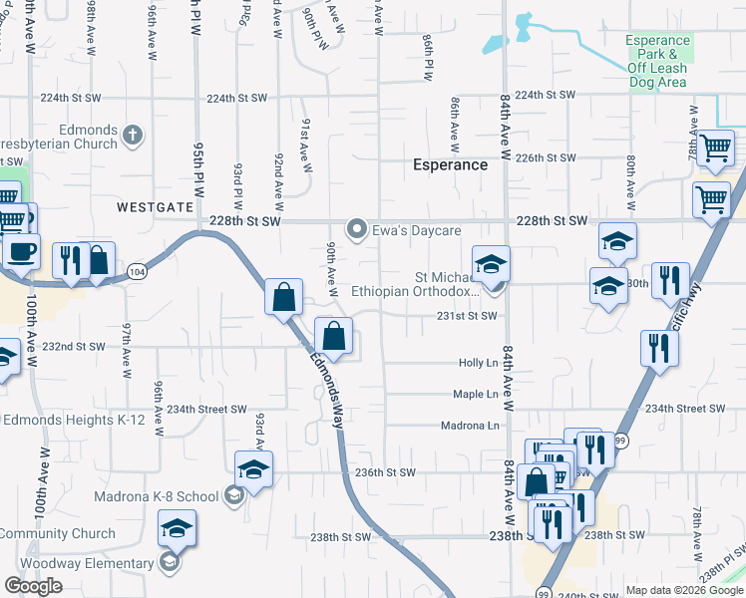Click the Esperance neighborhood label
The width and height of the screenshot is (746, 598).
[x=451, y=164]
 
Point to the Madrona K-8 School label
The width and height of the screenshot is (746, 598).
[x=157, y=496]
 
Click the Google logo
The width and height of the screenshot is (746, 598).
[x=33, y=585]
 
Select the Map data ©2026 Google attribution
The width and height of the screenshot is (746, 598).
[x=683, y=590]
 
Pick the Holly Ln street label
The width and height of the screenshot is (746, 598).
[x=478, y=363]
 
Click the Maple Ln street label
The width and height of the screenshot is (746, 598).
[x=475, y=395]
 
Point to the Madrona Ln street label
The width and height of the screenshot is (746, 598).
[x=469, y=426]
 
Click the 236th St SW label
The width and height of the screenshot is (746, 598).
[x=384, y=472]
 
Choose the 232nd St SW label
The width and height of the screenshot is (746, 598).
[x=74, y=347]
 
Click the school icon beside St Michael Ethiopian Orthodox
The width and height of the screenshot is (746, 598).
[x=491, y=265]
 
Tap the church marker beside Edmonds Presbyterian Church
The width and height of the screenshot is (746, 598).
[x=133, y=134]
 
